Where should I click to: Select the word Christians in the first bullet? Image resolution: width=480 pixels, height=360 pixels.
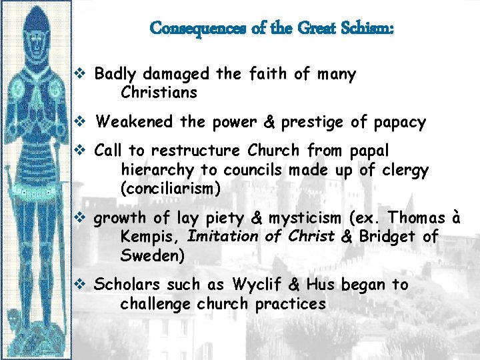[159, 93]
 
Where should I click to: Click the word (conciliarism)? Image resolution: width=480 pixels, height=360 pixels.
[170, 189]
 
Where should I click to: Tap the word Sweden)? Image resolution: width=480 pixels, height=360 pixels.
[152, 255]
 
